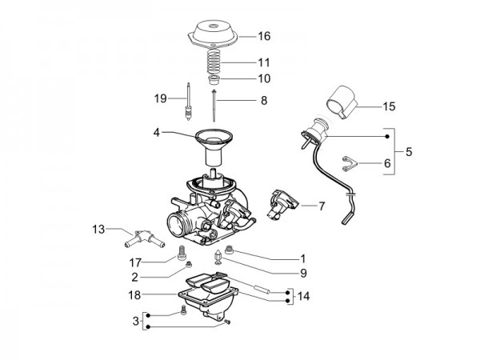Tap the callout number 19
[160, 98]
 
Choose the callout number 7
[322, 206]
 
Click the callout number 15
[366, 106]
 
